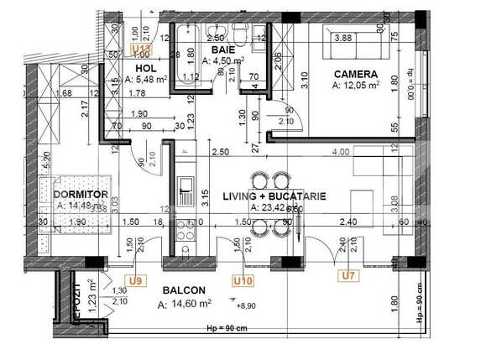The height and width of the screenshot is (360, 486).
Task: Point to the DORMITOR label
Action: [x=81, y=195]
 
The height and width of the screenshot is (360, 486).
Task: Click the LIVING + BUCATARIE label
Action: [x=273, y=196]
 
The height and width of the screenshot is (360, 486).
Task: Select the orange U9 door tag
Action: [x=134, y=281]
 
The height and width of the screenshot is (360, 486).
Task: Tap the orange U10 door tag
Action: [x=243, y=281]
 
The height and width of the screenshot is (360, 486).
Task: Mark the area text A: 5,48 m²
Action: [x=146, y=79]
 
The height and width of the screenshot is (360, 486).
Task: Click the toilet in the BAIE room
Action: [x=240, y=35]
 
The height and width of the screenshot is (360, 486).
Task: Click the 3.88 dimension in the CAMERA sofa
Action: [x=342, y=38]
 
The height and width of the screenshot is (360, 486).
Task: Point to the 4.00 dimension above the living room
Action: [x=340, y=152]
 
